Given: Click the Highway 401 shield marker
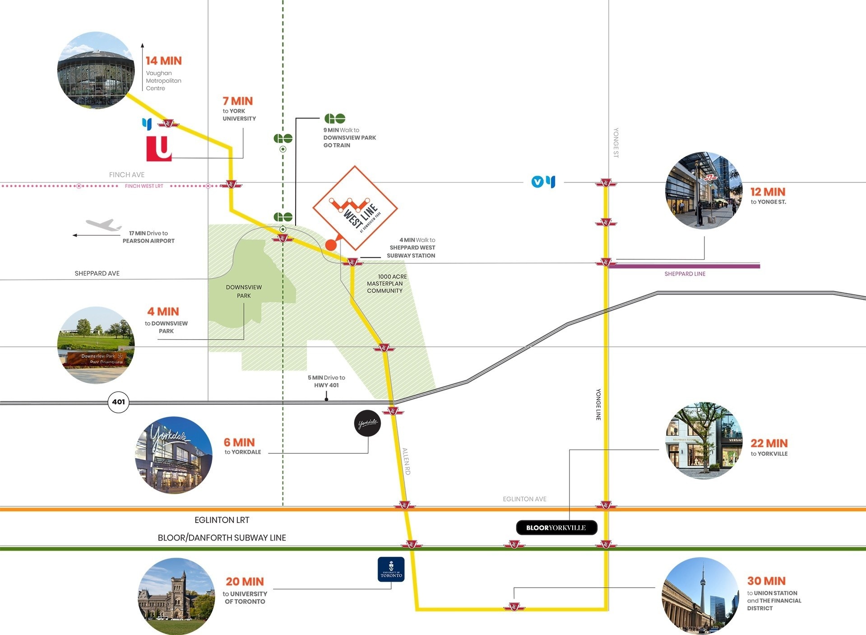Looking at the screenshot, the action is point(118,402).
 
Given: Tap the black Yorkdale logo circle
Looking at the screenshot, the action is point(367,423).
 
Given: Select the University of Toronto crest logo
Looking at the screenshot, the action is point(391,569).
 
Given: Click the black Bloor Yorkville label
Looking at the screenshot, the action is point(556,528).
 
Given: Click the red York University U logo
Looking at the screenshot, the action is point(159,148).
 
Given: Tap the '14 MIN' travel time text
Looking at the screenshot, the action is point(163,61).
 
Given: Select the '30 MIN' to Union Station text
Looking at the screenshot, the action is point(766,581).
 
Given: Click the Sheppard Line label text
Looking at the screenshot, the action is point(685,274).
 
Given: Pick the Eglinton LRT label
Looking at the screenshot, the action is point(222,520).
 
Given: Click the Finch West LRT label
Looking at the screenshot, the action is point(144,186).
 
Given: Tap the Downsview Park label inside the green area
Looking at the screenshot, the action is point(244,291).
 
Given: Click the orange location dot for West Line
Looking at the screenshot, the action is point(331,245).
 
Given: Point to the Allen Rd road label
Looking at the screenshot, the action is point(406,461).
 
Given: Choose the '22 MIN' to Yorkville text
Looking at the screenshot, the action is point(769,443).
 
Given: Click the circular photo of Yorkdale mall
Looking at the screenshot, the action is point(174,455).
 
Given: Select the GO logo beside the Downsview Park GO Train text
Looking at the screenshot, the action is point(335,118).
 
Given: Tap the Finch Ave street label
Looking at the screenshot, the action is point(127,175).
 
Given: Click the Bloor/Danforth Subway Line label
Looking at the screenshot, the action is point(222,537).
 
